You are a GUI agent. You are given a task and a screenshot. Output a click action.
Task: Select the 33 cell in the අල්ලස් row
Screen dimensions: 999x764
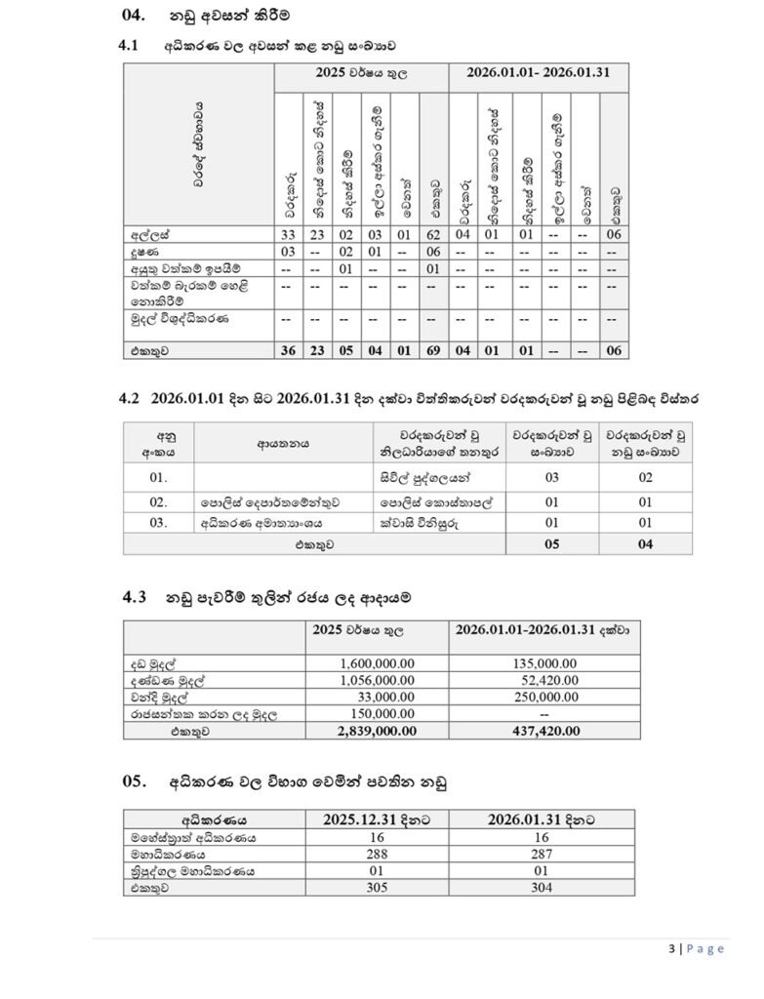pyautogui.click(x=289, y=235)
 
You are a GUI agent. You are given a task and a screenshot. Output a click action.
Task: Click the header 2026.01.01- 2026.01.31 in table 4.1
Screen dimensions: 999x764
pyautogui.click(x=539, y=74)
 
